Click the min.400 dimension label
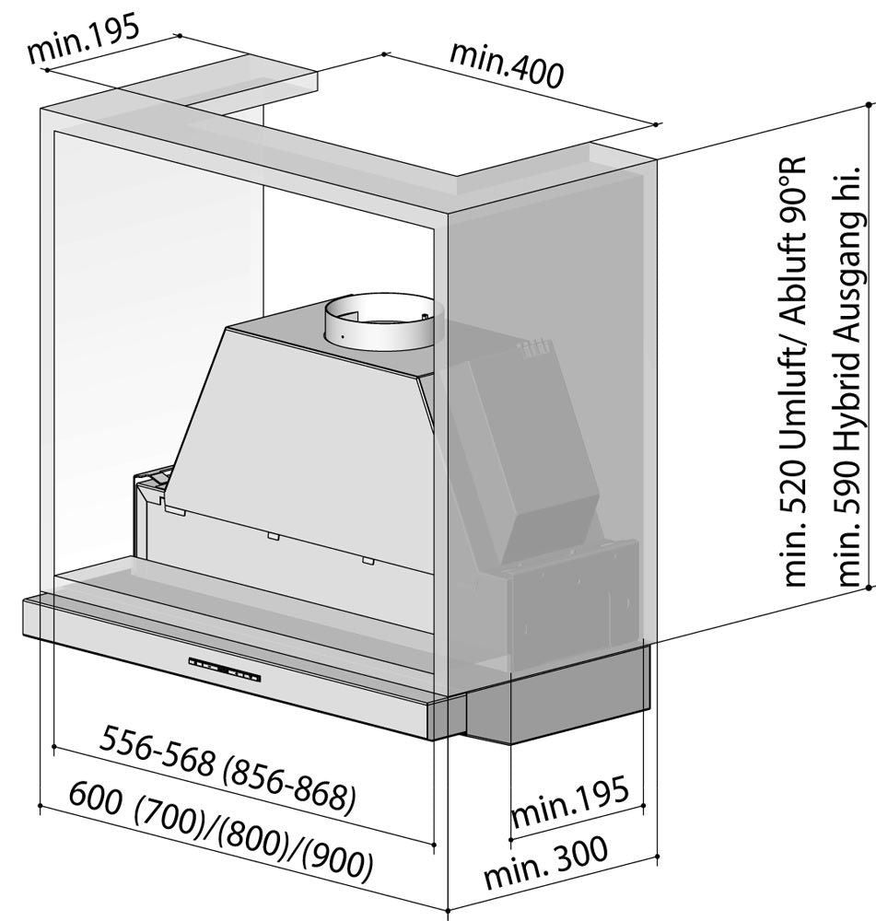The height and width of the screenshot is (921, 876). (x=506, y=65)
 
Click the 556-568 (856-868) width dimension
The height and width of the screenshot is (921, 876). (x=228, y=770)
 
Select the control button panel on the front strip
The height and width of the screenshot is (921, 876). (x=227, y=670)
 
